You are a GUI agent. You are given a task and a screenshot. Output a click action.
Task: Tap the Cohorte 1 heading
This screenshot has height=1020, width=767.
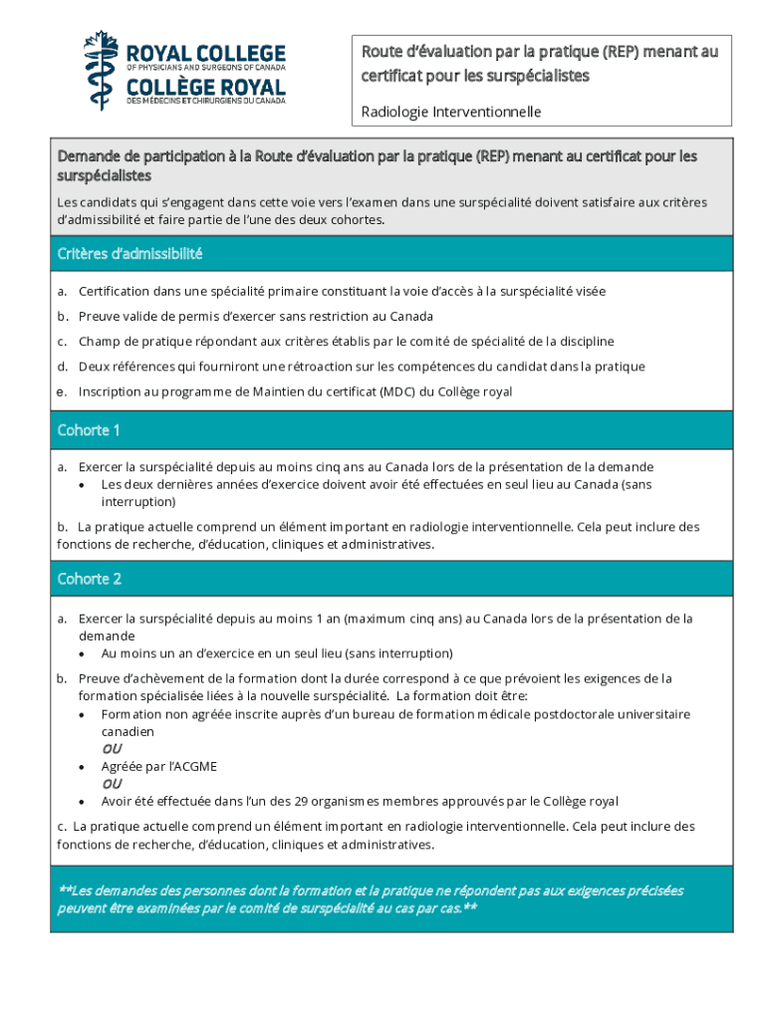pos(89,430)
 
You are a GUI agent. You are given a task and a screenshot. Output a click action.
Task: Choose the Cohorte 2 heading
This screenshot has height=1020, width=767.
pos(90,579)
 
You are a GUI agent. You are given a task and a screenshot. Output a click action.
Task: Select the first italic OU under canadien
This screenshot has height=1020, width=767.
pos(112,748)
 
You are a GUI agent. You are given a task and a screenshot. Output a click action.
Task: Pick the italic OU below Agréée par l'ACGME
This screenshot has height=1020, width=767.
pos(112,783)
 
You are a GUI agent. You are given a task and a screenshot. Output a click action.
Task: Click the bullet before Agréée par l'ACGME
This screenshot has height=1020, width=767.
pos(82,767)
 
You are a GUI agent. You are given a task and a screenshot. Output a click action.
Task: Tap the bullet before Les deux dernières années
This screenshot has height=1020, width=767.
pos(82,485)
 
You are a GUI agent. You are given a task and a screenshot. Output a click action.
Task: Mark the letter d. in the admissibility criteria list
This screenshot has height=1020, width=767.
pos(62,367)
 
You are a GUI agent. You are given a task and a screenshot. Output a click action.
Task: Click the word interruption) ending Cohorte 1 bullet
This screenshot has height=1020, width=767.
pos(138,502)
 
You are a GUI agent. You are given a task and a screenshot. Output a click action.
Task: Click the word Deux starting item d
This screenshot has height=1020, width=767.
pos(96,367)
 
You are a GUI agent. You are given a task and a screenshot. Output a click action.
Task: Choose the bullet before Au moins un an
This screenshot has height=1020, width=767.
pos(82,654)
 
